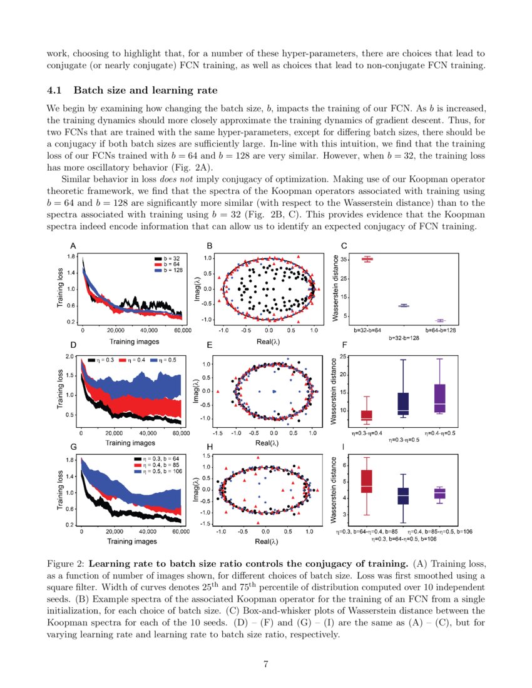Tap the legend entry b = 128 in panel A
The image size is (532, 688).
[x=170, y=270]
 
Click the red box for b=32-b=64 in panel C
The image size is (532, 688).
[x=367, y=258]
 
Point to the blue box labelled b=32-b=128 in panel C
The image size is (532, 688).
[x=404, y=305]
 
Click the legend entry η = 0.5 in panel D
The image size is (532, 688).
[x=168, y=360]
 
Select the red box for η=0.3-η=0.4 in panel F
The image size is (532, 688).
[x=366, y=415]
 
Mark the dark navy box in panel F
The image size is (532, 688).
[x=403, y=402]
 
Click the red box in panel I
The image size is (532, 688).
[x=367, y=481]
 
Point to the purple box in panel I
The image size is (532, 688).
[x=439, y=493]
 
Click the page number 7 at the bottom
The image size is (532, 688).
[x=266, y=664]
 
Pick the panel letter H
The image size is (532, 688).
[x=210, y=448]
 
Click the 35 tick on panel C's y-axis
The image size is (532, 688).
[x=345, y=258]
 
